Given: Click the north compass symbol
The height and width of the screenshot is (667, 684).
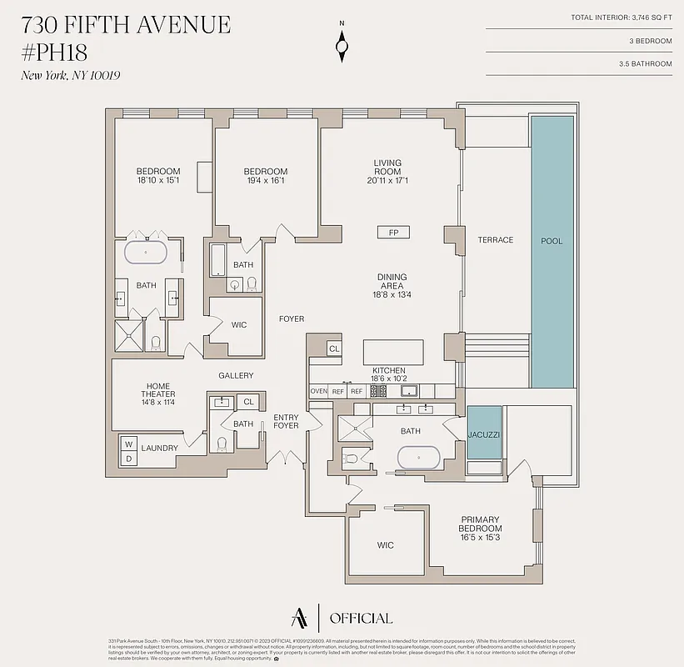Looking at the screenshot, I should (342, 46).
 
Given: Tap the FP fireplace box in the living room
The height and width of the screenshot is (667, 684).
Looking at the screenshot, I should (393, 233).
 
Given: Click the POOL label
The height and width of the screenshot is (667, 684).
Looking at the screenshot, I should (552, 241).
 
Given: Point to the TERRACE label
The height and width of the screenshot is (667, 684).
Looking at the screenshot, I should (495, 240).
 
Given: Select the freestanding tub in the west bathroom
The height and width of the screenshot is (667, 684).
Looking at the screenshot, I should (146, 251).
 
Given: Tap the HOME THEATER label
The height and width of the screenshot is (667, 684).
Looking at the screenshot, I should (158, 390).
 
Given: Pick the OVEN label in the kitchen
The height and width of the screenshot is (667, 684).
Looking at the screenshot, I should (318, 391).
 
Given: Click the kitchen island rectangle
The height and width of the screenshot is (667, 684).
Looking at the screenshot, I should (393, 351).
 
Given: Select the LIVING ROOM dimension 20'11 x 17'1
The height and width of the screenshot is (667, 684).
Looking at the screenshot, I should (387, 181).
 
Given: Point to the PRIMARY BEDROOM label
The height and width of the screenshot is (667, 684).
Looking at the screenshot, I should (481, 524).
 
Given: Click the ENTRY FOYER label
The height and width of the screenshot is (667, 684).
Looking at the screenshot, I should (286, 421).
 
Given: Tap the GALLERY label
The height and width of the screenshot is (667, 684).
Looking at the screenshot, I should (236, 376).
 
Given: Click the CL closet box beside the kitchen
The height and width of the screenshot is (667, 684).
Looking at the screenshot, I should (334, 349).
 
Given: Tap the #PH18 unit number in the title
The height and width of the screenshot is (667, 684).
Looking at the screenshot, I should (54, 52).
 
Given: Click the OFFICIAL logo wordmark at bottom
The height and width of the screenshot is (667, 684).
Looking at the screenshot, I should (361, 618).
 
